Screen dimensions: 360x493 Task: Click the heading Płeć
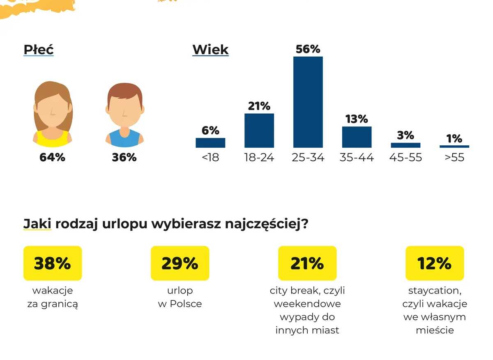coord(39,50)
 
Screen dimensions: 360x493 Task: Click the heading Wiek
coord(210,50)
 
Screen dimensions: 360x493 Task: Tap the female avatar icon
coord(53,115)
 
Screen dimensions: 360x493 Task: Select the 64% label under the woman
coord(52,157)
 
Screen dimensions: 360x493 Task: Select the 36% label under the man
coord(124,157)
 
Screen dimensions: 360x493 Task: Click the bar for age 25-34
coord(308,102)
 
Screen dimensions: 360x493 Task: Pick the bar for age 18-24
coord(259,130)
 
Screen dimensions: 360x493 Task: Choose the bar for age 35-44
coord(357,137)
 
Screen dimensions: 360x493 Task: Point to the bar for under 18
coord(210,142)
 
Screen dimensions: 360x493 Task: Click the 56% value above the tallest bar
coord(308,49)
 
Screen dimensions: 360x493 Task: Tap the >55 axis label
coord(454,158)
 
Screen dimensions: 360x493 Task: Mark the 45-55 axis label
coord(405,158)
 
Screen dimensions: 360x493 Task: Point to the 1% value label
coord(454,139)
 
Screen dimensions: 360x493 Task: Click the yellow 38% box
coord(53,263)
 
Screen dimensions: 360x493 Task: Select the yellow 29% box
coord(180,263)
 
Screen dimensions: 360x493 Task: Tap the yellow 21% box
coord(307,263)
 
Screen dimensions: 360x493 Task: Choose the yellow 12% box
coord(435,263)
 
